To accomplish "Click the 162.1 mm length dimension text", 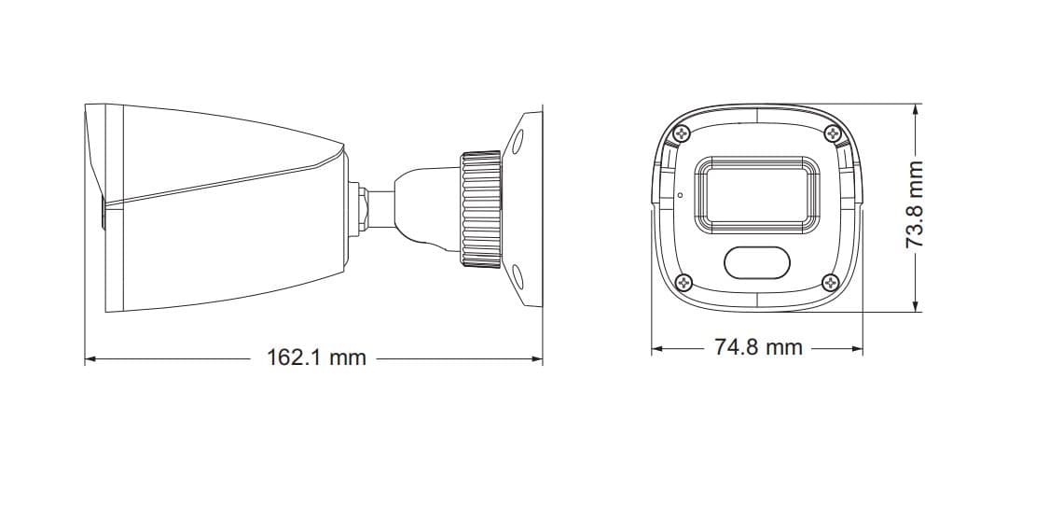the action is (x=316, y=357).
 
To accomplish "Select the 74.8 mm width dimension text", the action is (x=758, y=347).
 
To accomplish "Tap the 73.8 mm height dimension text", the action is (x=916, y=204).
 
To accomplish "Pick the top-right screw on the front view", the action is (x=833, y=133).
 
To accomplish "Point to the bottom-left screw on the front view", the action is (x=684, y=280).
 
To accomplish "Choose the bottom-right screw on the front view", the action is (x=831, y=282).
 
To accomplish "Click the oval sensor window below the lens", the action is (x=757, y=262).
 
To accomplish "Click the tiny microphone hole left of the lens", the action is (x=680, y=195).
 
